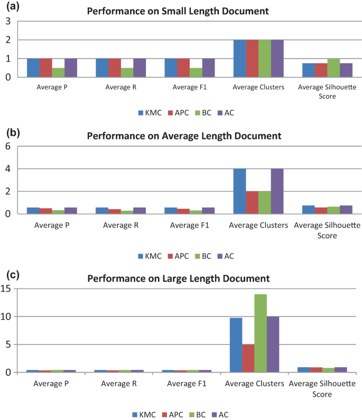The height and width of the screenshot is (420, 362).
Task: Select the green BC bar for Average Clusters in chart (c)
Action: click(x=261, y=333)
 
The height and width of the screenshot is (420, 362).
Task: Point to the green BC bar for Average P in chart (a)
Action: click(x=58, y=72)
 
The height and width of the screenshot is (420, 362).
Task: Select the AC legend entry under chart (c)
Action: click(x=223, y=415)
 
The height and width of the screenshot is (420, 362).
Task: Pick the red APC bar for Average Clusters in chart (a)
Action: click(x=252, y=58)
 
